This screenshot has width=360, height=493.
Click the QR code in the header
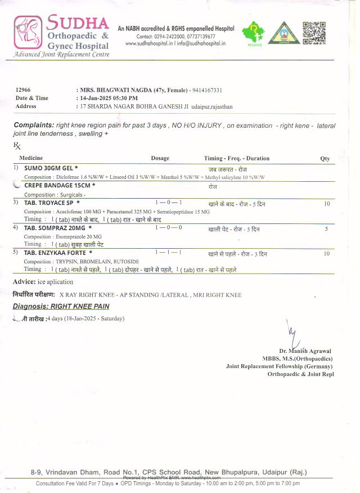(314, 33)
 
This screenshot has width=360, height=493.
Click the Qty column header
(325, 159)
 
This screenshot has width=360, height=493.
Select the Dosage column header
(160, 159)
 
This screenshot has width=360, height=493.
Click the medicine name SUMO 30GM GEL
(51, 168)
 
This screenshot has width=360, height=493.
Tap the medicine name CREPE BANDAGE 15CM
(59, 185)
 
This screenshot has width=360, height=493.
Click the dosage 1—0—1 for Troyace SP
(168, 202)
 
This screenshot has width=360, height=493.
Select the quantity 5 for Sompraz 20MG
(327, 229)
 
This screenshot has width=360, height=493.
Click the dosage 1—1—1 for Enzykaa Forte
(168, 253)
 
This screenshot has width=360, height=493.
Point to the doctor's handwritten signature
(292, 334)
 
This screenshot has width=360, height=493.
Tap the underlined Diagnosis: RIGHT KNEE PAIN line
(61, 307)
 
